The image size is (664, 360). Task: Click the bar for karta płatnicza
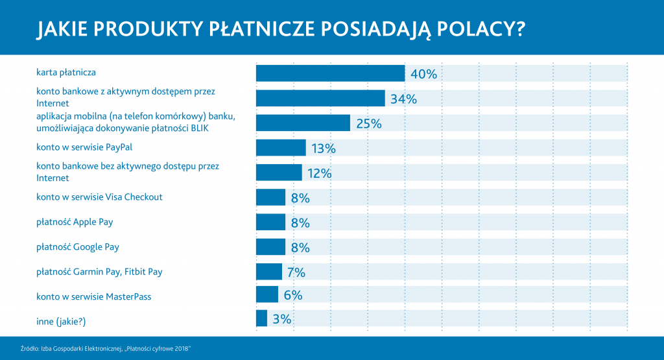[330, 74]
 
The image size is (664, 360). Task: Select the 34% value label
[403, 99]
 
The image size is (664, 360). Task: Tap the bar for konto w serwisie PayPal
[281, 148]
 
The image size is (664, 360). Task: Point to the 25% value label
[368, 123]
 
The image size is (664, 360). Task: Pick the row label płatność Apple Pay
[75, 222]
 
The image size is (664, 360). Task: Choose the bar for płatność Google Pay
[270, 247]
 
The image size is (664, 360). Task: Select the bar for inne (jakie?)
[261, 318]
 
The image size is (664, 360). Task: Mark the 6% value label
[293, 294]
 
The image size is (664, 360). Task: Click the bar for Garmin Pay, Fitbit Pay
[269, 272]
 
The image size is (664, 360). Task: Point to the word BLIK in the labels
[207, 128]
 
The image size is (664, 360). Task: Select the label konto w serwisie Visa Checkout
[99, 197]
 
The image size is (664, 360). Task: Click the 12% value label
[320, 173]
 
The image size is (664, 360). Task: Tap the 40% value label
[423, 74]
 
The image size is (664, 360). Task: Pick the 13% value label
[323, 149]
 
